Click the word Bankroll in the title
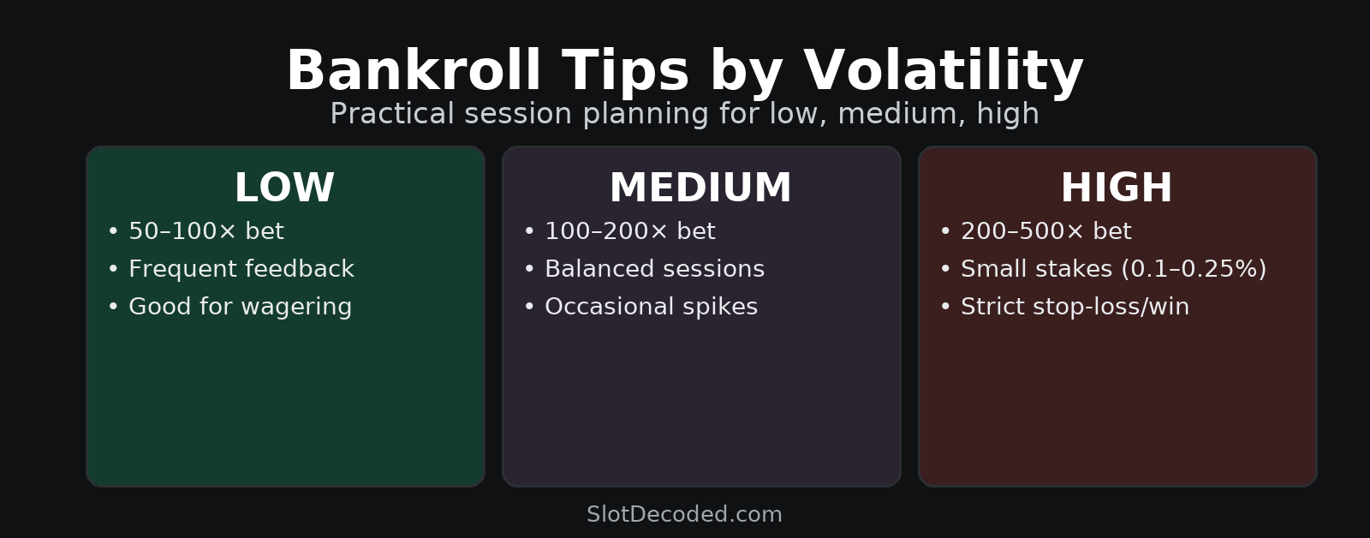[414, 70]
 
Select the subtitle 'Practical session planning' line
[684, 114]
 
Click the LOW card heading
[284, 188]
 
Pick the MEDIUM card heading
[701, 188]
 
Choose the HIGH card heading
[1117, 188]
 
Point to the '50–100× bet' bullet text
[206, 231]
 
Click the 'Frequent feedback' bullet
[230, 269]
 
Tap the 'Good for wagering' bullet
[229, 306]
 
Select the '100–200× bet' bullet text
[630, 231]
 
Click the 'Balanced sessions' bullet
[644, 269]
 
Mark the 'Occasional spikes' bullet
[641, 306]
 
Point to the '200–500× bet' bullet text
[1046, 231]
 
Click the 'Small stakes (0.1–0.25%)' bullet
[1104, 269]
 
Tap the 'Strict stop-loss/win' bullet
[1065, 306]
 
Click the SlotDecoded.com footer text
[684, 514]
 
